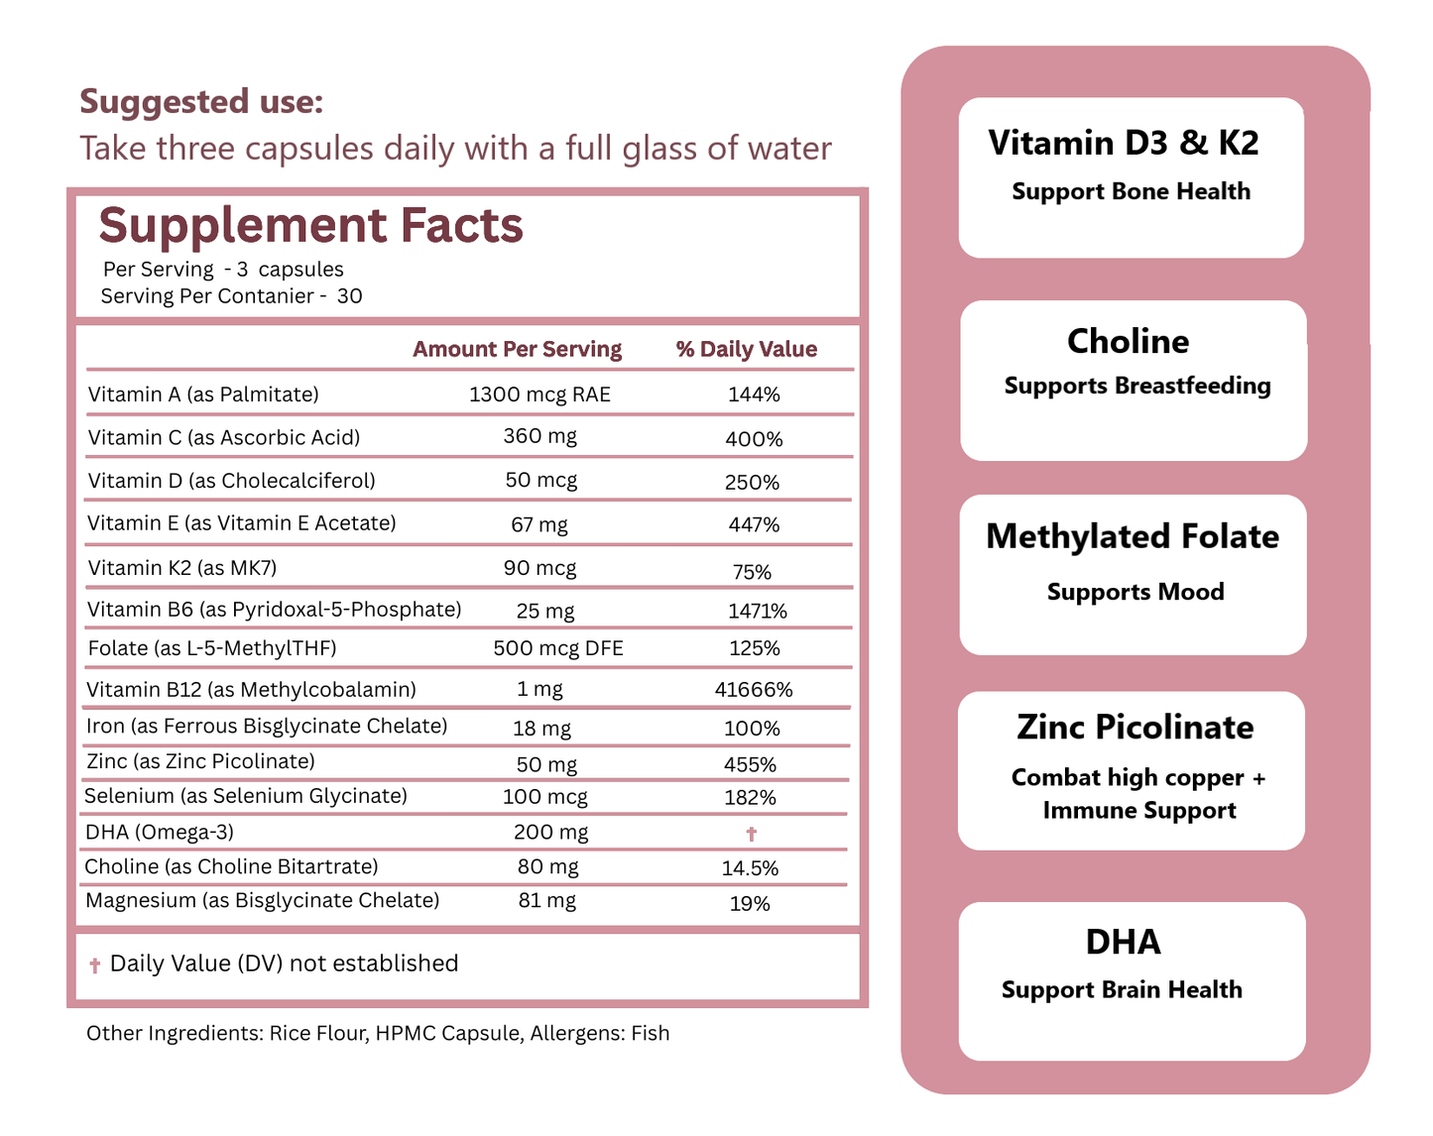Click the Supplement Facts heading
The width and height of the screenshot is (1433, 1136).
(x=310, y=226)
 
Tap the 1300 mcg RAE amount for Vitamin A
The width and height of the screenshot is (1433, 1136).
(x=539, y=395)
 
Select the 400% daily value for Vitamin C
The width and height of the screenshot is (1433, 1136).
(x=754, y=439)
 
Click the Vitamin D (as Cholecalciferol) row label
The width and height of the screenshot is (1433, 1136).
(x=231, y=481)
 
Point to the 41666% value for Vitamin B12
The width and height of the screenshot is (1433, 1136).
(x=754, y=690)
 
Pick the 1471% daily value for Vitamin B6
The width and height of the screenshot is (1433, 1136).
(x=757, y=612)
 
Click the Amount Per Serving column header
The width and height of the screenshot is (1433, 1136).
(x=517, y=349)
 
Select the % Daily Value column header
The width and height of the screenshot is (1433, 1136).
(x=746, y=349)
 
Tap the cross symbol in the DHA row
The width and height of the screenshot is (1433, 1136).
(x=751, y=834)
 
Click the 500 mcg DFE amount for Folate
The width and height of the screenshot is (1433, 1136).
(x=558, y=648)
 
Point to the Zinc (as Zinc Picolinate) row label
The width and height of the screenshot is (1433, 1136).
(x=200, y=761)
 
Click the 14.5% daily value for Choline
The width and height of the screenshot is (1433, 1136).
(x=750, y=868)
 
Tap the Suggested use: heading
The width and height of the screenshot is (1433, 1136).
(x=201, y=101)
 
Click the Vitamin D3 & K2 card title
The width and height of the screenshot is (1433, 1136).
(x=1124, y=143)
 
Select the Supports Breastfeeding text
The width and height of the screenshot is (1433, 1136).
(x=1136, y=386)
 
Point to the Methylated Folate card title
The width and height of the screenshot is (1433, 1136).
(x=1132, y=536)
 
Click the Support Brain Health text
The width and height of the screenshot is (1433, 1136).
(x=1122, y=989)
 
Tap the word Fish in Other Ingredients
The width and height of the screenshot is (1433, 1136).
(x=650, y=1033)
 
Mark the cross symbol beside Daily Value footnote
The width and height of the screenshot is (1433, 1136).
(x=95, y=966)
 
